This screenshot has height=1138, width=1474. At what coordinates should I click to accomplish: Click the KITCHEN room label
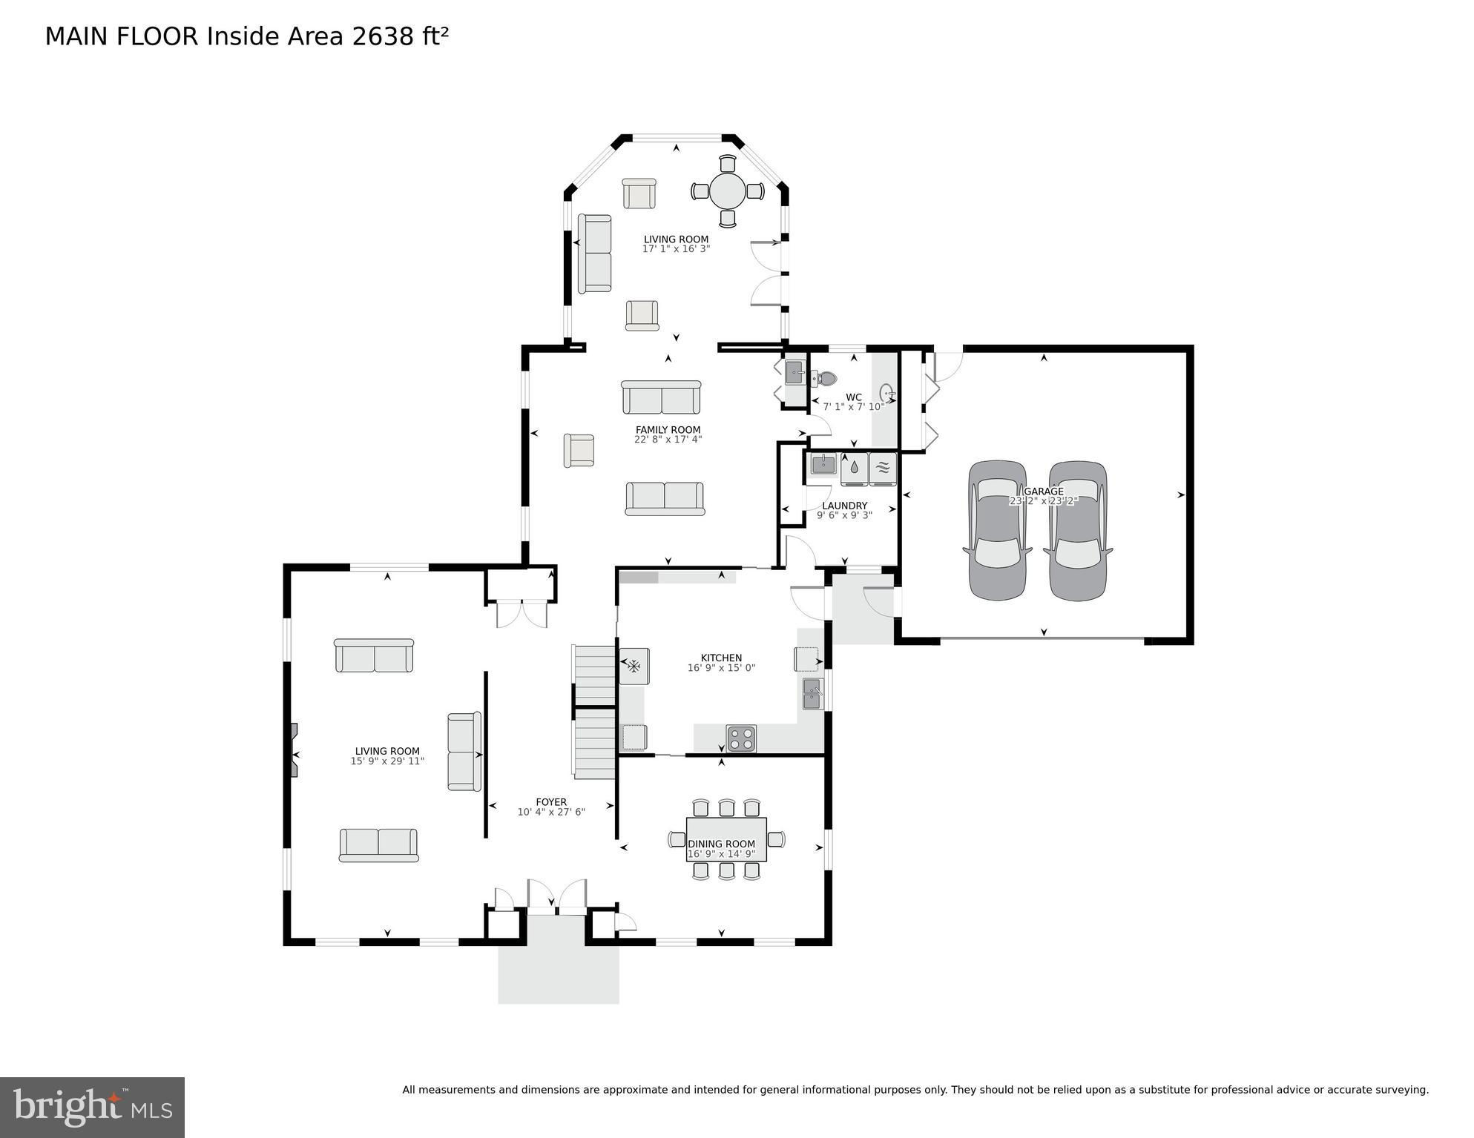tap(721, 658)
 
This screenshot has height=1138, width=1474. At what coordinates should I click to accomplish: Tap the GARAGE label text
tap(1044, 491)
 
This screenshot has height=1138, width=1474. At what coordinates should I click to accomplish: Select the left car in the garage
tap(998, 530)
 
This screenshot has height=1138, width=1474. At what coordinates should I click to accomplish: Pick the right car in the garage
tap(1078, 530)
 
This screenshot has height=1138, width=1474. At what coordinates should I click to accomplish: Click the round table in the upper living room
tap(728, 191)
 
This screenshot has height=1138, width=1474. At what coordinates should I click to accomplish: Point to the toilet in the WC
tap(823, 379)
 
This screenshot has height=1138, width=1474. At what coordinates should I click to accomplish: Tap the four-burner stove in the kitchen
tap(741, 738)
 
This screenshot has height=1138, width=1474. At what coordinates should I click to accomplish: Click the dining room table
tap(726, 839)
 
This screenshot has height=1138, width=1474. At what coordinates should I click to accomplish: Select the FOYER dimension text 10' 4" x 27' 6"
tap(551, 812)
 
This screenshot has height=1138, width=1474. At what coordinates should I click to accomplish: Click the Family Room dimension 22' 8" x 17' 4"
tap(668, 440)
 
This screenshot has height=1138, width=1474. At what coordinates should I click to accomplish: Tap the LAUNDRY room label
tap(844, 506)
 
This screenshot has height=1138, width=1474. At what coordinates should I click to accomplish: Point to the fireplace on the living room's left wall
tap(295, 750)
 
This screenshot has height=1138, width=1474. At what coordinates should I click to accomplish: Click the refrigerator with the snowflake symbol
tap(634, 666)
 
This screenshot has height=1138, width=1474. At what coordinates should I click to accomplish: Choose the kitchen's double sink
tap(812, 693)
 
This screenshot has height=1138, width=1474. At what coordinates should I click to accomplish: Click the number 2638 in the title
tap(384, 36)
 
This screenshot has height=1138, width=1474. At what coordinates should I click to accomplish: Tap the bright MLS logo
tap(92, 1107)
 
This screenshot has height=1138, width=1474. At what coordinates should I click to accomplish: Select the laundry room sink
tap(823, 465)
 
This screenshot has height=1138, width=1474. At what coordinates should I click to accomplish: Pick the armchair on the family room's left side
tap(579, 450)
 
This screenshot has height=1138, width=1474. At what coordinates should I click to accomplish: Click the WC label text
tap(853, 397)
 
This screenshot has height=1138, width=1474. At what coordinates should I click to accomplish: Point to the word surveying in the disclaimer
tap(1401, 1091)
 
